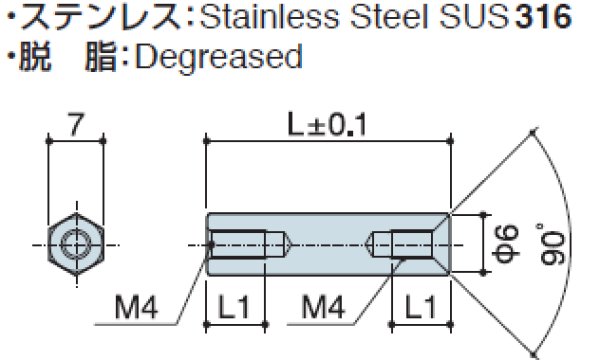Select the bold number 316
tap(542, 20)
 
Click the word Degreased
tap(217, 56)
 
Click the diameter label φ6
tap(505, 240)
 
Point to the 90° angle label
tap(556, 240)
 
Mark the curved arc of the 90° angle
tap(579, 240)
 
